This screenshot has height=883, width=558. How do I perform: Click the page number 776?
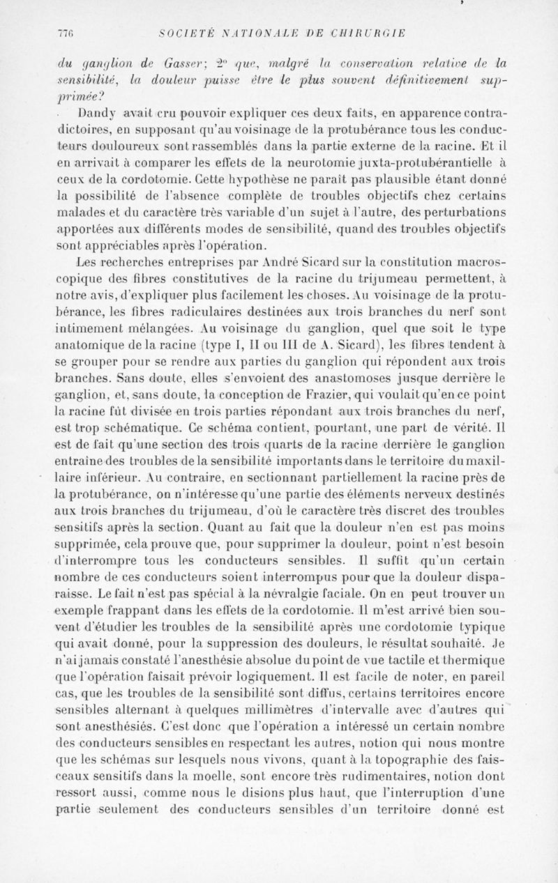(66, 33)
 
